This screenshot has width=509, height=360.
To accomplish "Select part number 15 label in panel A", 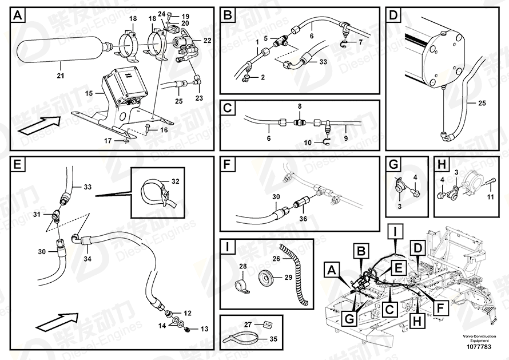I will click(89, 93).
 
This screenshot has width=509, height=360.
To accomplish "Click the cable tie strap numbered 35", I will click(241, 338).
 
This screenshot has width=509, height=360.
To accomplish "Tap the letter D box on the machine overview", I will click(419, 247).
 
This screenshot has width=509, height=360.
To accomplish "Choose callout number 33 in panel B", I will click(323, 62).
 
